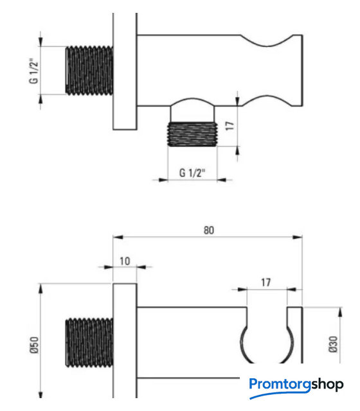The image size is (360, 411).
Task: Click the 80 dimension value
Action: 208,230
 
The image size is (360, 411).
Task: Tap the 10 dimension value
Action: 125,261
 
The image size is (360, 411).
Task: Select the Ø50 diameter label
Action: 34,345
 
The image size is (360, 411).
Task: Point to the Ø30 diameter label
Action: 333,344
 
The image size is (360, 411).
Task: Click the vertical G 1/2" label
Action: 34,71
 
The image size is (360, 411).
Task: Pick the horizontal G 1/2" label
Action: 192,173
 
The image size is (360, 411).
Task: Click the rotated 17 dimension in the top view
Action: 230,126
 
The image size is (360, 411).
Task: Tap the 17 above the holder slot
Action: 265,283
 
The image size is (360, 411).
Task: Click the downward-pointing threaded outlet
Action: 192,134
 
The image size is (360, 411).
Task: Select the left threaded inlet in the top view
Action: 89,71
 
